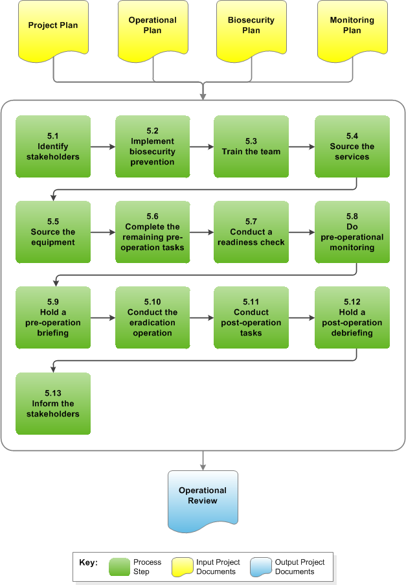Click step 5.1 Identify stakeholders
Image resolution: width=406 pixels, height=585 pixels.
click(x=52, y=146)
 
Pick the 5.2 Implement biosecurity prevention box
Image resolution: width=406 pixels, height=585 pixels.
click(x=153, y=146)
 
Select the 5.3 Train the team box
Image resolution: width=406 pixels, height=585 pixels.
click(x=251, y=146)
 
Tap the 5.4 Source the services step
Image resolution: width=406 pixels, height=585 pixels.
click(x=352, y=146)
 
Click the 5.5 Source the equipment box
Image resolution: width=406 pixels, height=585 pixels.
click(x=52, y=232)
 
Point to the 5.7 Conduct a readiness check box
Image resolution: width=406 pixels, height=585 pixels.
click(x=251, y=232)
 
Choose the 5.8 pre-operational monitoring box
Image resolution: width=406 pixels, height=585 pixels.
click(x=352, y=232)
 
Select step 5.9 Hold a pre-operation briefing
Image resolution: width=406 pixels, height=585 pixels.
click(x=52, y=317)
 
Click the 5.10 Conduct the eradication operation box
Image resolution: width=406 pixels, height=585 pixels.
click(x=153, y=317)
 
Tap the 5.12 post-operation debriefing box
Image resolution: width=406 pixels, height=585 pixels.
click(x=352, y=317)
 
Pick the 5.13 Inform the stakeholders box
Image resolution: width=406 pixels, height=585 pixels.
click(x=52, y=404)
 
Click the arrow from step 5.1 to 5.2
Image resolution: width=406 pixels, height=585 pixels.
click(x=103, y=146)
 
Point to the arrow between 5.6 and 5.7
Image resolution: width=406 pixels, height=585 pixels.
click(x=202, y=232)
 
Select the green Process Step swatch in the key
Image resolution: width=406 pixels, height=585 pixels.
click(x=119, y=567)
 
